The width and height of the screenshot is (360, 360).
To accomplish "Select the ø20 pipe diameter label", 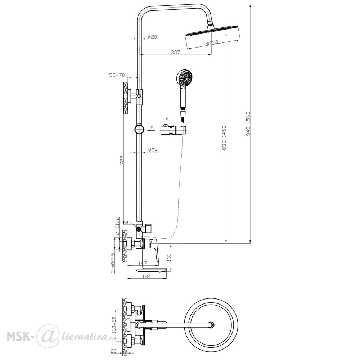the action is coord(152,36).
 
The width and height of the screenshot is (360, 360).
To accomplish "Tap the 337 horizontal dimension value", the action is coord(175,52).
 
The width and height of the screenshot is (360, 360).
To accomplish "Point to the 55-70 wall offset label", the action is coord(117,75).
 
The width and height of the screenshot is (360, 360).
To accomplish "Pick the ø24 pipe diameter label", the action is coord(153,150).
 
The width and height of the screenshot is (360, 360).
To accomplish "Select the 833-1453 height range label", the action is coord(224,138).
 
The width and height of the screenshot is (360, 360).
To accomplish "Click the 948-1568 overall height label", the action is coord(248,124).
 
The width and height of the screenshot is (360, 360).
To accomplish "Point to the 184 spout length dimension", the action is coord(147,276).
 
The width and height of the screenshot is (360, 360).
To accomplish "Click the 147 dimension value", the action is coord(143,263).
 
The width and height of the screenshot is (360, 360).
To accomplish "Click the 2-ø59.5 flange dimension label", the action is coord(113,263).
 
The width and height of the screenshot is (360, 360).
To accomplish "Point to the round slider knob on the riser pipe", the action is coord(139,130).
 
